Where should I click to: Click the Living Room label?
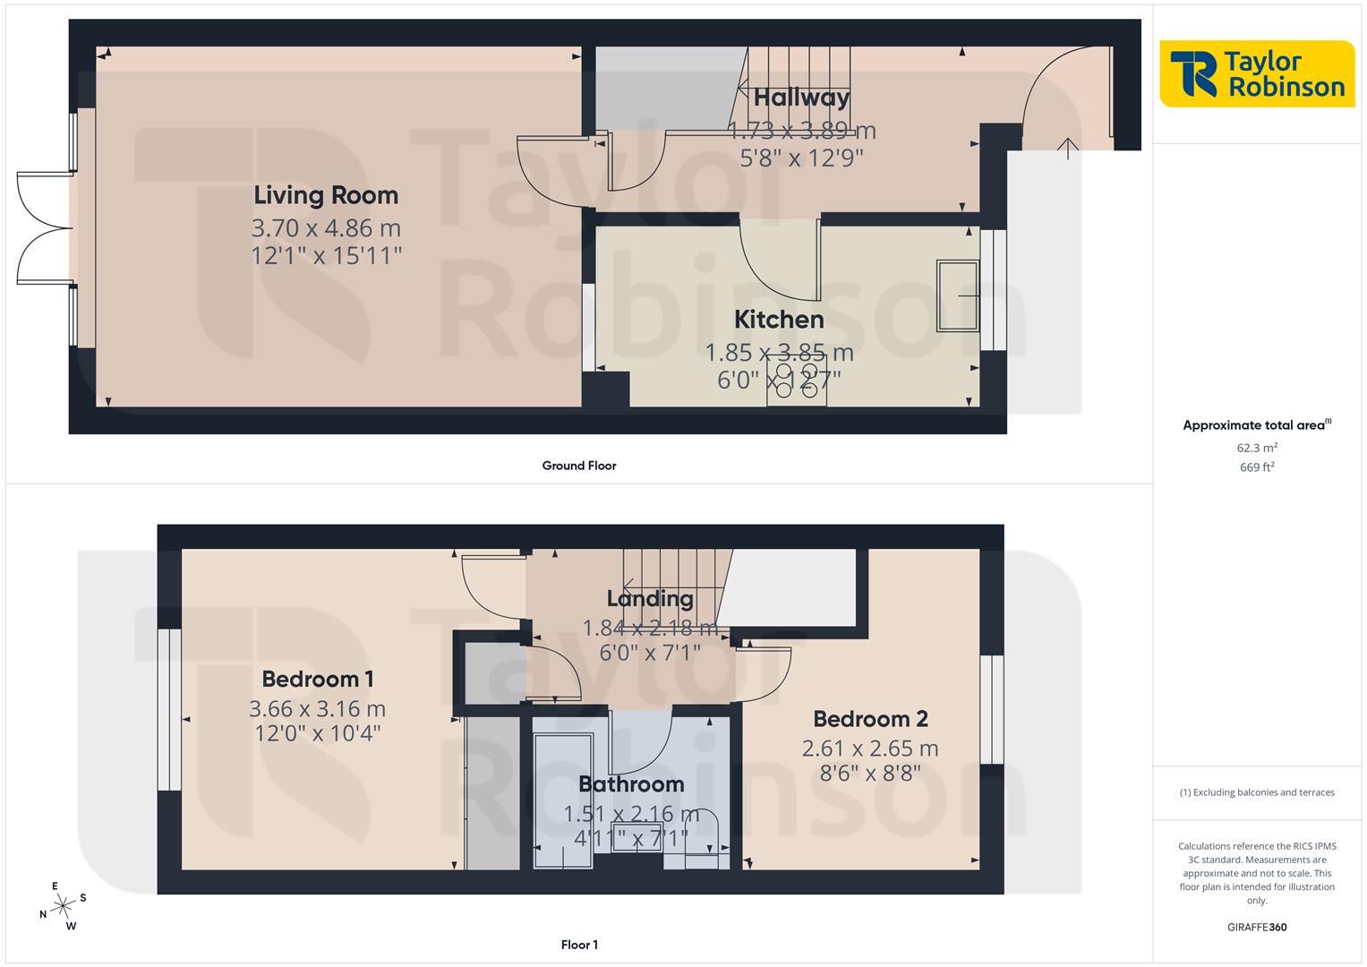[326, 196]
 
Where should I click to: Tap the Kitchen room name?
[779, 320]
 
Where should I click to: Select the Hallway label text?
[801, 98]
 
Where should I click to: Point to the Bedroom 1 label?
[317, 679]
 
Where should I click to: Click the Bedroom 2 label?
[870, 718]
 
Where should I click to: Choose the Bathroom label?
[631, 783]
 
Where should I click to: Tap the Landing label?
[650, 599]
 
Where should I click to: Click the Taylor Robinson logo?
[1257, 73]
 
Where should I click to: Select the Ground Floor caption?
[579, 466]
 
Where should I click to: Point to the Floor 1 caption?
[579, 945]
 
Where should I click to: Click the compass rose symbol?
[63, 906]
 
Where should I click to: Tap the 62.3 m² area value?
[1257, 448]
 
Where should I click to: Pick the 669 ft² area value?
[1257, 467]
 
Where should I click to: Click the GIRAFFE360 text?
[1257, 927]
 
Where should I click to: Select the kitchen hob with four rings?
[797, 381]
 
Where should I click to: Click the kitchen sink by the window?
[958, 296]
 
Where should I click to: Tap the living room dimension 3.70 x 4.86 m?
[326, 228]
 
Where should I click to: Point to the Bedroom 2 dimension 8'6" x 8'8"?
[870, 774]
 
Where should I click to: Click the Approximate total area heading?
[1257, 425]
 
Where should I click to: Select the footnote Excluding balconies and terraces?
[1257, 792]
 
